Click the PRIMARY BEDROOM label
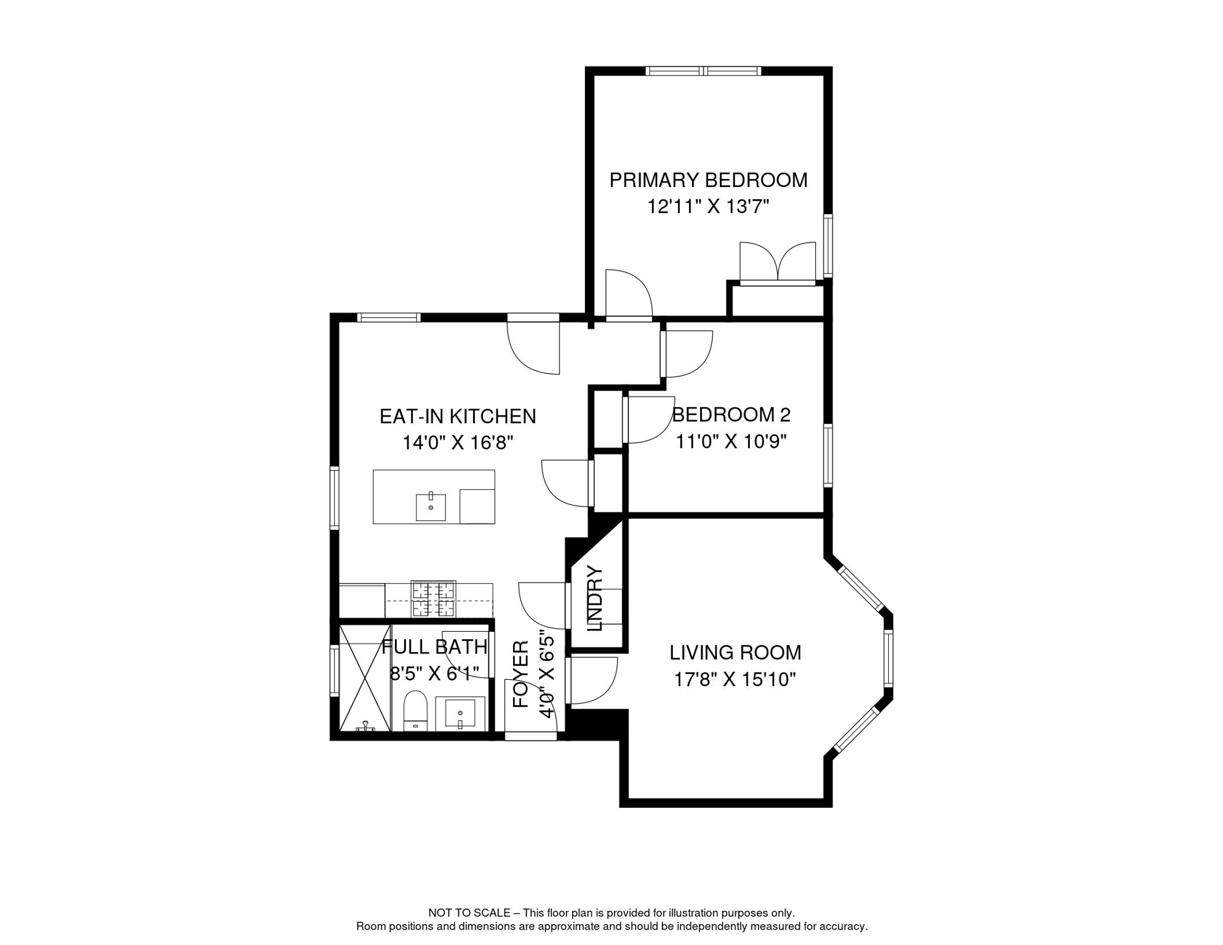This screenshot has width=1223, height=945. point(708,180)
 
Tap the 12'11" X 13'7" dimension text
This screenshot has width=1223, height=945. point(708,207)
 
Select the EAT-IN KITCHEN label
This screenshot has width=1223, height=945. point(458,417)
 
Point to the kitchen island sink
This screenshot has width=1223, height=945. point(431,507)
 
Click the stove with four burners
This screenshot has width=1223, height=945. point(434,599)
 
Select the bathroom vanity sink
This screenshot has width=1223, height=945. point(460,714)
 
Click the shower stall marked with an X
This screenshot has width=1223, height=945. point(365,678)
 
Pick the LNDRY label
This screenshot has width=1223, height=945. point(595,599)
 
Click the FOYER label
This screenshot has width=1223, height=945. point(520,674)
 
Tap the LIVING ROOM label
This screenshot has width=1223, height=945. point(735,653)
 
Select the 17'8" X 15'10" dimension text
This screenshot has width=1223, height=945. point(735,680)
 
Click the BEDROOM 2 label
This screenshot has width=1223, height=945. point(731,415)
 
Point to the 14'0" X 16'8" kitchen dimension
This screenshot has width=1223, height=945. point(458,442)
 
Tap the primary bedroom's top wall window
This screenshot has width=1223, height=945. point(703,71)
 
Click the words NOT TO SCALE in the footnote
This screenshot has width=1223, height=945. point(469,913)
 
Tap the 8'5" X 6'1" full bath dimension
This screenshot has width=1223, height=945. point(434,674)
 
